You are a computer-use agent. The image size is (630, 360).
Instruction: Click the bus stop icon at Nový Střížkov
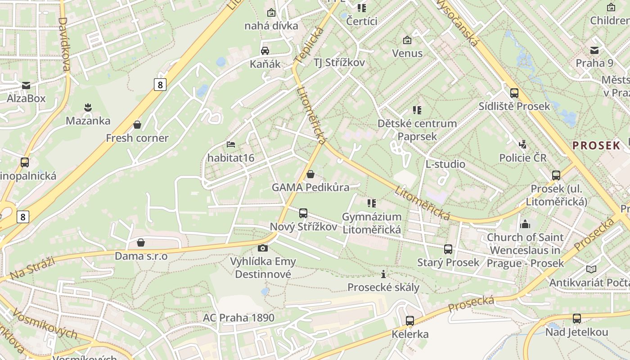(303, 213)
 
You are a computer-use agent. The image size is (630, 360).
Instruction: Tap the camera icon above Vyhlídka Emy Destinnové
(263, 248)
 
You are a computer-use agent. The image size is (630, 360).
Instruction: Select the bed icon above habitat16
(230, 144)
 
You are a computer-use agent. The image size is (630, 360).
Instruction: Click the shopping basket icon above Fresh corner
(137, 125)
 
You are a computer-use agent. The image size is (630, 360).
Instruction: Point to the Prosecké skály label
(383, 287)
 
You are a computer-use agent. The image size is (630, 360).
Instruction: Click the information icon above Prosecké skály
(383, 274)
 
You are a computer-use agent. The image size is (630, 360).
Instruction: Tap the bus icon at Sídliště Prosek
(514, 93)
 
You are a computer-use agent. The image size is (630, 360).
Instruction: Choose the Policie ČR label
(523, 158)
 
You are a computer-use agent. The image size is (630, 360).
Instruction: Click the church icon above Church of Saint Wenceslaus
(525, 224)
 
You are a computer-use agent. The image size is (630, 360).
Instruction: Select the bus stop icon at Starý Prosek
(448, 249)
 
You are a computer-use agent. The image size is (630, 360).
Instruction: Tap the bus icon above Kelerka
(410, 321)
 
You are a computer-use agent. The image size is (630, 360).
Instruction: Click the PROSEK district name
(596, 145)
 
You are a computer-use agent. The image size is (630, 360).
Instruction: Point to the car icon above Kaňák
(265, 50)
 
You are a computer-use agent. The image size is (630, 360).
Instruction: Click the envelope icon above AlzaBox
(26, 85)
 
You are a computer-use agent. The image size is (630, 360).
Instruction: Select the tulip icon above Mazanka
(88, 108)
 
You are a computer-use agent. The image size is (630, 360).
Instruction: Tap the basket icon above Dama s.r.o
(141, 243)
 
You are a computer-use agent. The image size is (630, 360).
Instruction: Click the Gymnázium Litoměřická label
(372, 223)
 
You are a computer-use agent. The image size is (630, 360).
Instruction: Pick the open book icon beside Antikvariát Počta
(591, 269)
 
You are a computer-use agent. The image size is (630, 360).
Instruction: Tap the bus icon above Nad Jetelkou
(577, 319)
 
